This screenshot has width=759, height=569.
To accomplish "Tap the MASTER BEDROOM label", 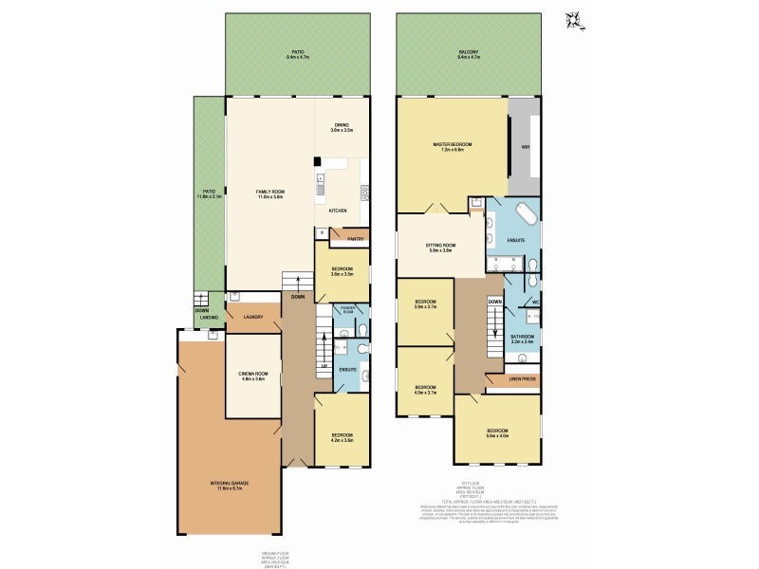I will (453, 145).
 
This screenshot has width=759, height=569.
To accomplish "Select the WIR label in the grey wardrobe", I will (525, 147).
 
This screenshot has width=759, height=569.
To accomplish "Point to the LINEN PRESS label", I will (523, 378).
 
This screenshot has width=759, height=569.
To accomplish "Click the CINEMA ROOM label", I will (252, 376).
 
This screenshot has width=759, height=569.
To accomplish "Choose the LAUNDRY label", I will (252, 317).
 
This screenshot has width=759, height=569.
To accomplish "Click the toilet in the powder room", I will (361, 328).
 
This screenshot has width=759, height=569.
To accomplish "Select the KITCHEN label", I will (338, 210).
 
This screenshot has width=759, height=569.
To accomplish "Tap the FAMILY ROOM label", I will (270, 193).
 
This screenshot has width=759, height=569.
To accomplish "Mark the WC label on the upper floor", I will (535, 303).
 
